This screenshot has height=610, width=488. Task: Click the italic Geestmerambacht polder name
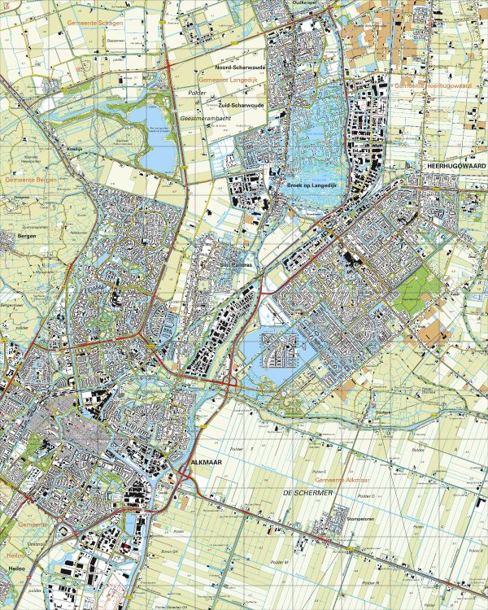201,117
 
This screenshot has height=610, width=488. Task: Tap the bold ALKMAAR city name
207,462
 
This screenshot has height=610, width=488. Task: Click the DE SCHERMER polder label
303,493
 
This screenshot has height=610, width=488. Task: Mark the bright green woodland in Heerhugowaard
420,293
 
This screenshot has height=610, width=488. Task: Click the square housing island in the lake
281,349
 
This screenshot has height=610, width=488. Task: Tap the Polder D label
366,495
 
